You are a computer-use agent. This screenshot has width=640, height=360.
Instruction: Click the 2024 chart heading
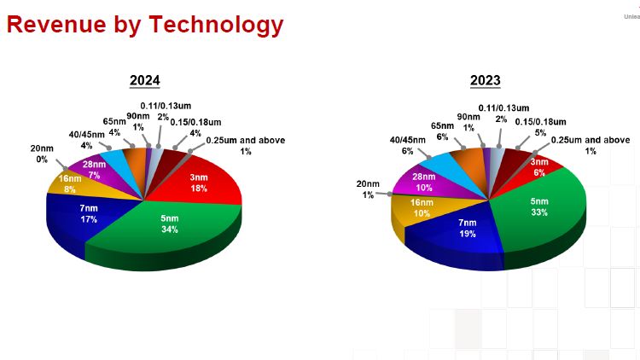click(x=144, y=81)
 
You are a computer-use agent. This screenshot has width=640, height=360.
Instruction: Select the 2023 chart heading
click(x=485, y=81)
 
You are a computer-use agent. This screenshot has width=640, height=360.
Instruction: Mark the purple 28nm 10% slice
click(x=423, y=180)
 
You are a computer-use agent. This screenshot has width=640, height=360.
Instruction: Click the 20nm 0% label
click(x=41, y=154)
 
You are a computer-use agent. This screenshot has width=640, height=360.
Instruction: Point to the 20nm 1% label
click(x=369, y=189)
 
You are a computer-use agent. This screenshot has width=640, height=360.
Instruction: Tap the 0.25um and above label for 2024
click(x=245, y=145)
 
